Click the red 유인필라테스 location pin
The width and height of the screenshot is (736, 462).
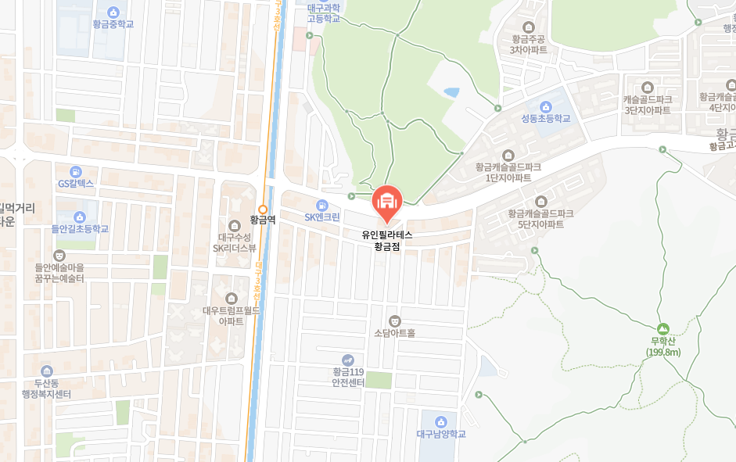pyautogui.click(x=386, y=202)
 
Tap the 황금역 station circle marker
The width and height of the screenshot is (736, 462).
pyautogui.click(x=264, y=209)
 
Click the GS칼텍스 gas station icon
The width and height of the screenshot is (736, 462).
pyautogui.click(x=76, y=171)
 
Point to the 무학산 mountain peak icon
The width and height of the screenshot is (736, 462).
pyautogui.click(x=664, y=329)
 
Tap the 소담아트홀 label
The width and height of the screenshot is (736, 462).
pyautogui.click(x=394, y=332)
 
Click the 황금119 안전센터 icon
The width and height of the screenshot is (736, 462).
pyautogui.click(x=348, y=360)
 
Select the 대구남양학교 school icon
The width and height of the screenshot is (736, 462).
pyautogui.click(x=440, y=421)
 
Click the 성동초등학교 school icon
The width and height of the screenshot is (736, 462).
pyautogui.click(x=546, y=106)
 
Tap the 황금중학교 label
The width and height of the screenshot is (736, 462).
pyautogui.click(x=113, y=24)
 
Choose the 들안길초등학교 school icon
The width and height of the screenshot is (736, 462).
pyautogui.click(x=80, y=217)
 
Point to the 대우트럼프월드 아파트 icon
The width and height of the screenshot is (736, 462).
pyautogui.click(x=232, y=298)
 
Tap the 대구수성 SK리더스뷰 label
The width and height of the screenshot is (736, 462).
pyautogui.click(x=235, y=242)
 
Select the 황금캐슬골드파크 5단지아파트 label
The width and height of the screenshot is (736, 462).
pyautogui.click(x=540, y=219)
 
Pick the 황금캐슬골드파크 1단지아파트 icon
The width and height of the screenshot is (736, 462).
pyautogui.click(x=508, y=155)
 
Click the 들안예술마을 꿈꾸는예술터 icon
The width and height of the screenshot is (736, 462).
pyautogui.click(x=59, y=255)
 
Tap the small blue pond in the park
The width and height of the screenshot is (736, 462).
pyautogui.click(x=451, y=92)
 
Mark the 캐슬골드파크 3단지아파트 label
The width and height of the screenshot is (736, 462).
pyautogui.click(x=647, y=105)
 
